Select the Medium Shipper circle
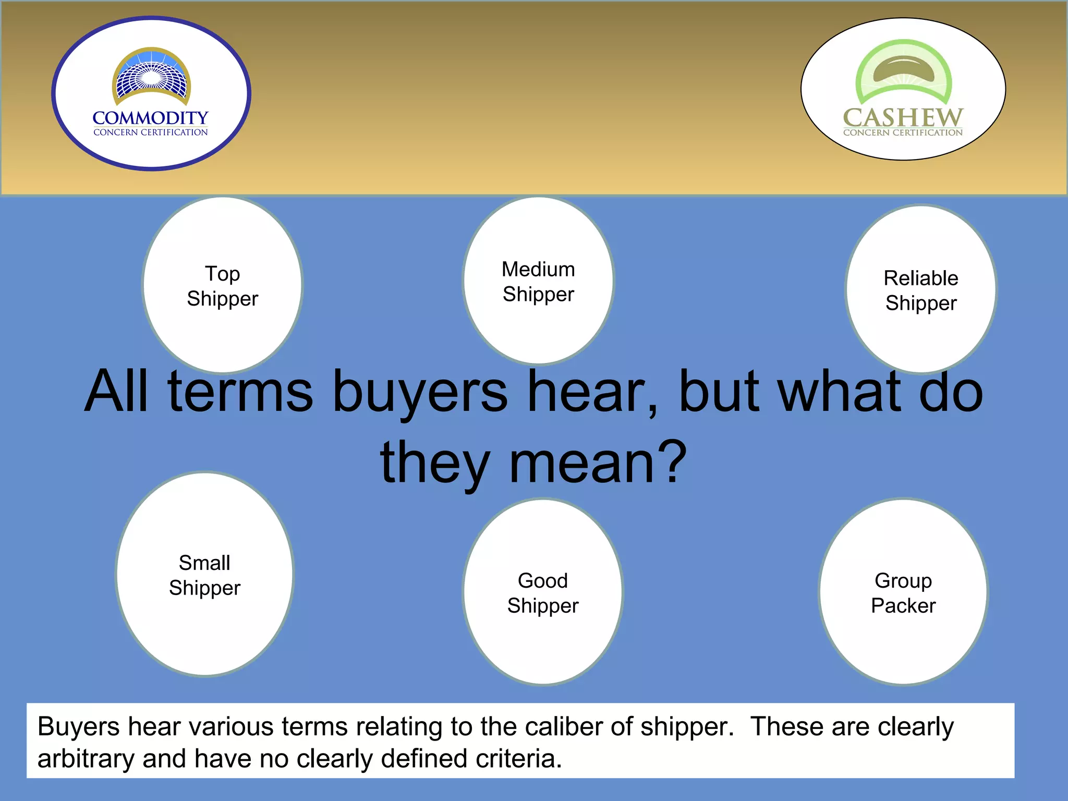pos(538,323)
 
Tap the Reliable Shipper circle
pos(921,334)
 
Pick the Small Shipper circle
pos(204,626)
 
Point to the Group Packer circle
pos(903,641)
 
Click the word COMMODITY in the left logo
pos(150,118)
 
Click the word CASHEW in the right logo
pos(903,117)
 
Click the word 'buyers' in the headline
pos(420,392)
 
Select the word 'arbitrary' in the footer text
pos(86,759)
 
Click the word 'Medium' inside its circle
pos(538,270)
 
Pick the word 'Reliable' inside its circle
pos(921,278)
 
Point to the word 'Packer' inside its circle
pos(903,606)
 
